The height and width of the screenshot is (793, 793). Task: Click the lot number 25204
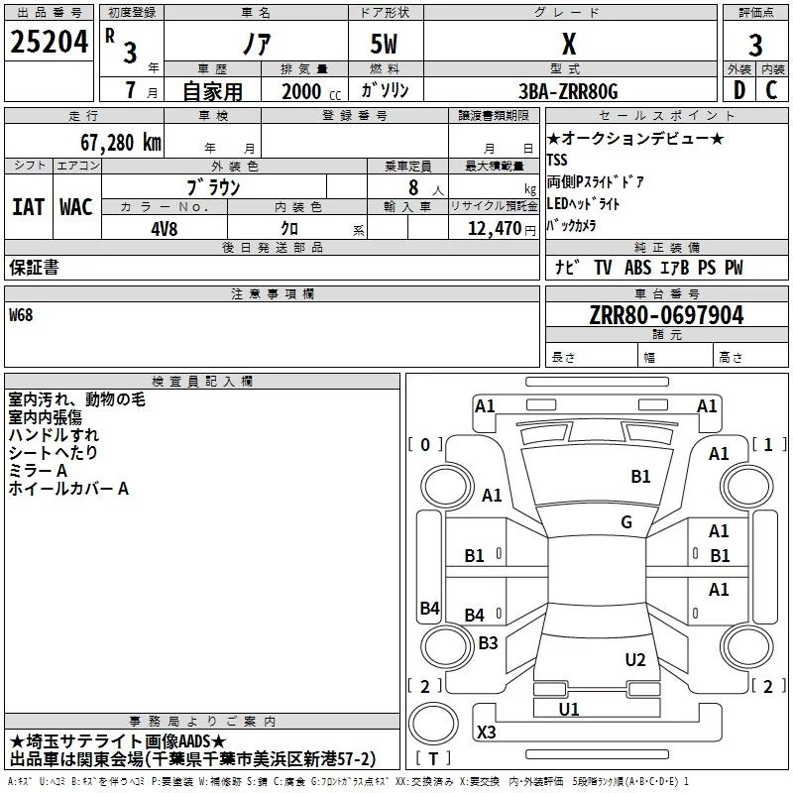(50, 43)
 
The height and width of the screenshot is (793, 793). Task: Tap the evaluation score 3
(755, 45)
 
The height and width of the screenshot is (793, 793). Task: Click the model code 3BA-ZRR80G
(568, 91)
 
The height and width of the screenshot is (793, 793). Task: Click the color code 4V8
(165, 228)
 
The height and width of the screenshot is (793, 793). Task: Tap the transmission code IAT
(29, 207)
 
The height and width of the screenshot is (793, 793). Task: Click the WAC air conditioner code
(76, 207)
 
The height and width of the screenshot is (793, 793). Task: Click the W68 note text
(21, 315)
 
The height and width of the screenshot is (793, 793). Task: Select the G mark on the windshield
(626, 522)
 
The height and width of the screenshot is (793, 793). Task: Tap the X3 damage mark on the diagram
(486, 733)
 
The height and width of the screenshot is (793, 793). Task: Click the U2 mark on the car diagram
(635, 660)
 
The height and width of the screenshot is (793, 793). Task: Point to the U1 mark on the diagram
(569, 709)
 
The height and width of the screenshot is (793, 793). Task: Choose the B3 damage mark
(488, 642)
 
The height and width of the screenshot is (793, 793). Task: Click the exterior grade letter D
(738, 91)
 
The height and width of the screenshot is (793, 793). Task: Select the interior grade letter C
(772, 91)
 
